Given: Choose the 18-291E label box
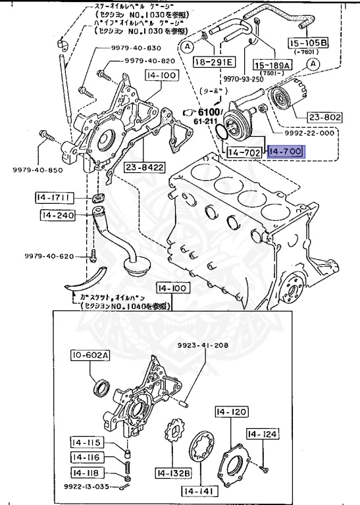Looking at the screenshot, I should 214,62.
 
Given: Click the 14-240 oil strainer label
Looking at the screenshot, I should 57,215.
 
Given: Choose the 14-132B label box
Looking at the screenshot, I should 173,472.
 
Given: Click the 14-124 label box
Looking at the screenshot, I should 263,434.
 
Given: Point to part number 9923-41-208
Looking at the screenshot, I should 203,345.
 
